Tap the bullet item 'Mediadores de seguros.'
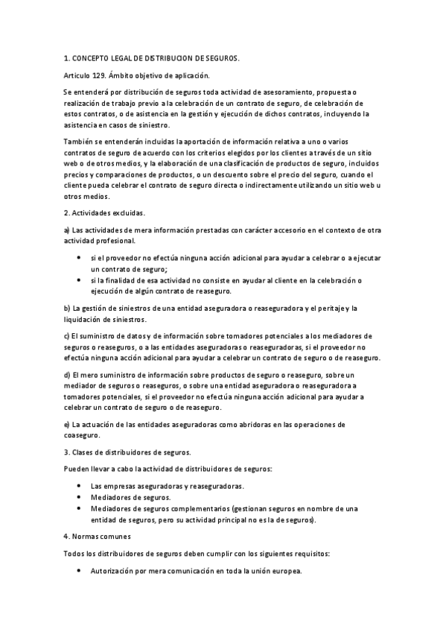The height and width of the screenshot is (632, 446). pos(130,497)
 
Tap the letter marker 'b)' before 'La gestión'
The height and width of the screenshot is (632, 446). pos(67,308)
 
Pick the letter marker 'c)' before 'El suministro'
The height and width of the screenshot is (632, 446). pos(67,335)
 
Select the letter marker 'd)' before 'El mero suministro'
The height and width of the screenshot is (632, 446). pos(67,374)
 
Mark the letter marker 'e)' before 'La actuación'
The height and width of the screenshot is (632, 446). pos(67,424)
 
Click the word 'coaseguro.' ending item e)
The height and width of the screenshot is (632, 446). pos(82,435)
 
